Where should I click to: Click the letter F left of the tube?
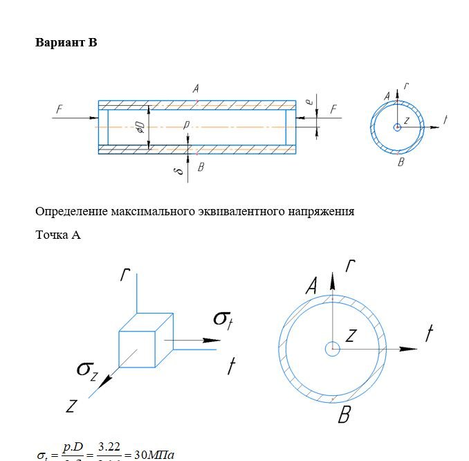point(60,109)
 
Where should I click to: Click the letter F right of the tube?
point(333,109)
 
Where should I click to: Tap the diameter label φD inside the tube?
point(140,127)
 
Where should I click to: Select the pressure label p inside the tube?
point(185,125)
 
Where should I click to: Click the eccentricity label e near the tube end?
point(309,102)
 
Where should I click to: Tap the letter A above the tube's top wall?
point(196,89)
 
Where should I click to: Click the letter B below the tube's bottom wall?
point(201,167)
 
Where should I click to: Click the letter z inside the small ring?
point(406,120)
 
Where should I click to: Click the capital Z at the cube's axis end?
point(71,406)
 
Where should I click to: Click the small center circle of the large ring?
point(333,349)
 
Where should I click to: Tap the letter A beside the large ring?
point(311,285)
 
